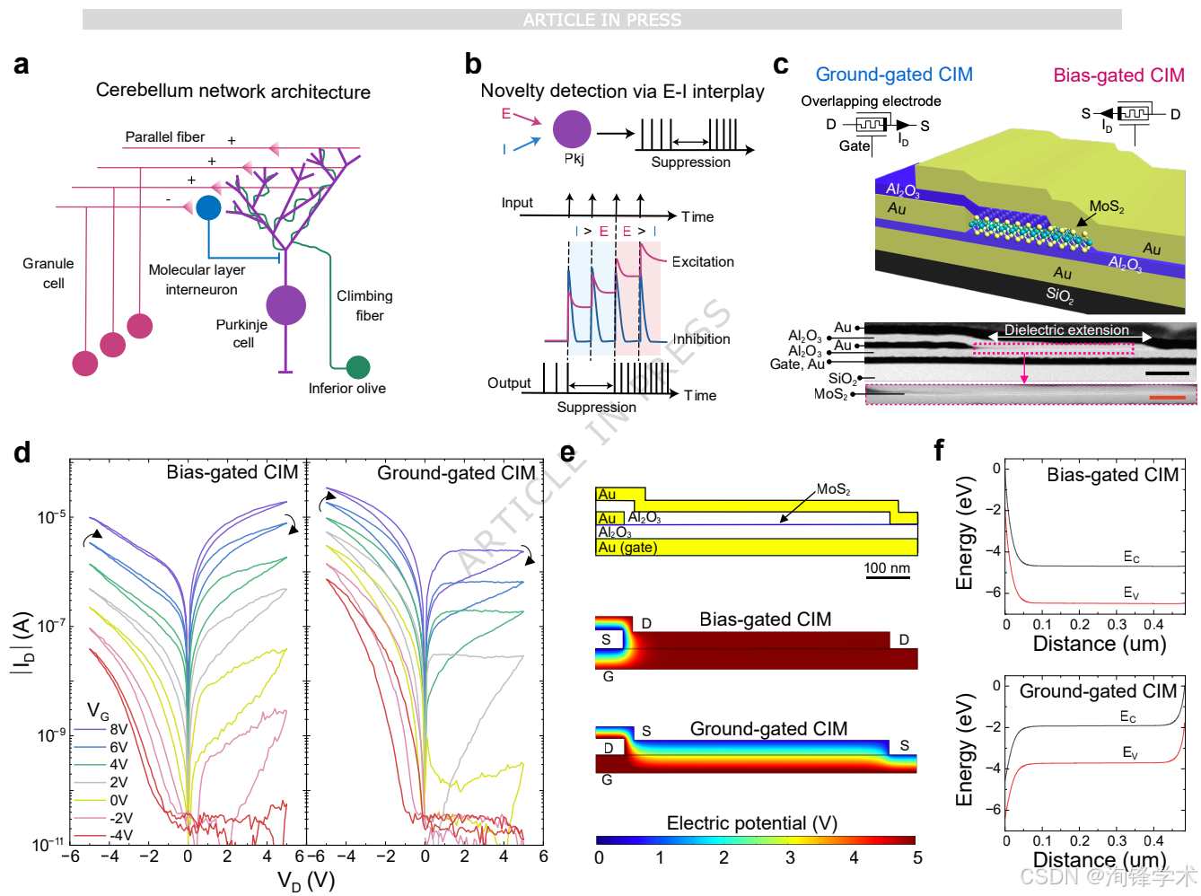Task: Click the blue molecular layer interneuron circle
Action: click(x=208, y=207)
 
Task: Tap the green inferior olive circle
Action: click(x=357, y=366)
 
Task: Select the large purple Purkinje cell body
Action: click(x=285, y=304)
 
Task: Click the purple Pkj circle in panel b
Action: click(x=571, y=129)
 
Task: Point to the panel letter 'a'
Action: click(x=21, y=65)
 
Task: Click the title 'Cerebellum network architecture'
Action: click(x=232, y=91)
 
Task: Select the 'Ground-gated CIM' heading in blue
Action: click(x=893, y=74)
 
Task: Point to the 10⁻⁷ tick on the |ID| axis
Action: click(x=51, y=625)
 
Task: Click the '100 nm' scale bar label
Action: click(x=886, y=567)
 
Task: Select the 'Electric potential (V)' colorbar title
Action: click(x=750, y=822)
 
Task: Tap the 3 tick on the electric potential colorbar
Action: click(x=789, y=856)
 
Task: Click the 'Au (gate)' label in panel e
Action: click(x=627, y=547)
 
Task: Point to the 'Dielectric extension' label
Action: click(x=1065, y=329)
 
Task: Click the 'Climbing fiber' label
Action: click(x=364, y=305)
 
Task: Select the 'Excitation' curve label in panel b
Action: click(x=702, y=261)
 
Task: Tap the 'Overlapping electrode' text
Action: click(x=870, y=101)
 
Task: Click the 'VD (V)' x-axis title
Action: click(x=305, y=880)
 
